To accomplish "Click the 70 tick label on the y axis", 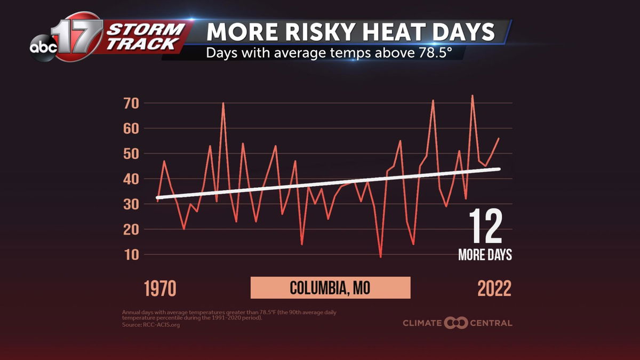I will coord(131,103).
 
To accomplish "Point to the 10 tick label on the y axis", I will coord(131,254).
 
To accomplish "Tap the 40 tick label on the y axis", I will coord(131,179).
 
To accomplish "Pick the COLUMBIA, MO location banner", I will coord(330,288).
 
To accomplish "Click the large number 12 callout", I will coord(485,227).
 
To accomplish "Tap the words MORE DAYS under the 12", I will coord(485,255).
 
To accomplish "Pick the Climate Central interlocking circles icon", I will coord(456,323).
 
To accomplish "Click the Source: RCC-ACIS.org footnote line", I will coord(151,325).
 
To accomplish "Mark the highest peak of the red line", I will coord(472,96).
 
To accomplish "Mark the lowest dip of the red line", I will coord(380,257).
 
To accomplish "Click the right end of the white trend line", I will coord(499,169).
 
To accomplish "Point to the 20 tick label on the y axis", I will coord(131,229).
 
